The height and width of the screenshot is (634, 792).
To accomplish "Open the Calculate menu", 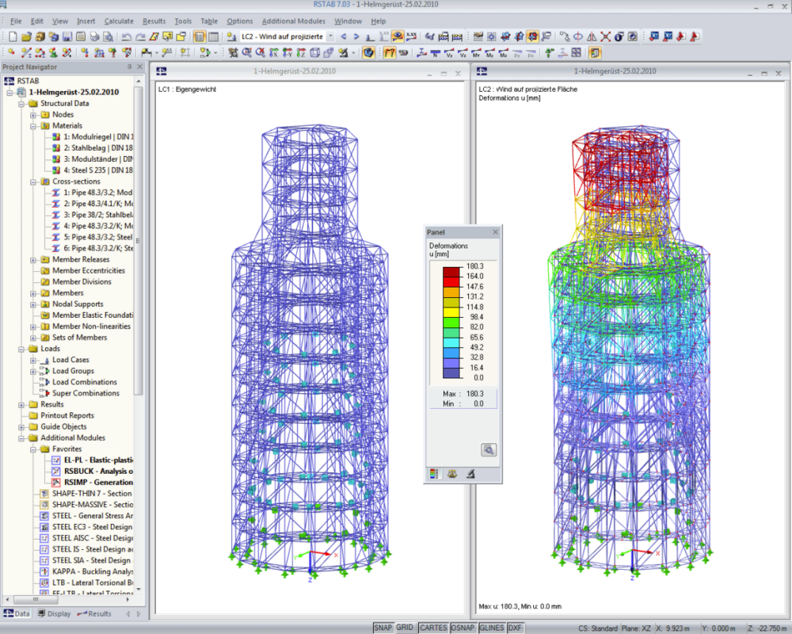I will tap(119, 21).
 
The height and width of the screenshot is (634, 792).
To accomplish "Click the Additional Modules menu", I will tap(293, 21).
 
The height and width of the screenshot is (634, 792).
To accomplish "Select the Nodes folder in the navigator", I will tap(63, 114).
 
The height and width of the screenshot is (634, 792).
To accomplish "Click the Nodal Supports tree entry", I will tap(78, 304).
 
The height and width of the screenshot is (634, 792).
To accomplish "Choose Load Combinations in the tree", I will tap(84, 382).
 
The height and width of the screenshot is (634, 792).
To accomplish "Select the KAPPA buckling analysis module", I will tap(92, 571).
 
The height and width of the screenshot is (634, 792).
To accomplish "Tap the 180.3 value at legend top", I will tap(475, 266).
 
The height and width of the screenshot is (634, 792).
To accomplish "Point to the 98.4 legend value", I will tap(475, 316).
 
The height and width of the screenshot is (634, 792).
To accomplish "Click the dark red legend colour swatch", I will tap(451, 271).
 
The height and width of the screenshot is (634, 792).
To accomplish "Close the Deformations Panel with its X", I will tap(496, 232).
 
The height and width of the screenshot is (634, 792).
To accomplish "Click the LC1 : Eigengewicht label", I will tap(187, 90).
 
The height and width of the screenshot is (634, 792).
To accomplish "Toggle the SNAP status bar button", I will tap(383, 627).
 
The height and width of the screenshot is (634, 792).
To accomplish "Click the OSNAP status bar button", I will tap(463, 627).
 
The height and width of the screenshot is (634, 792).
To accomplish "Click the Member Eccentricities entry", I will tap(88, 270).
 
